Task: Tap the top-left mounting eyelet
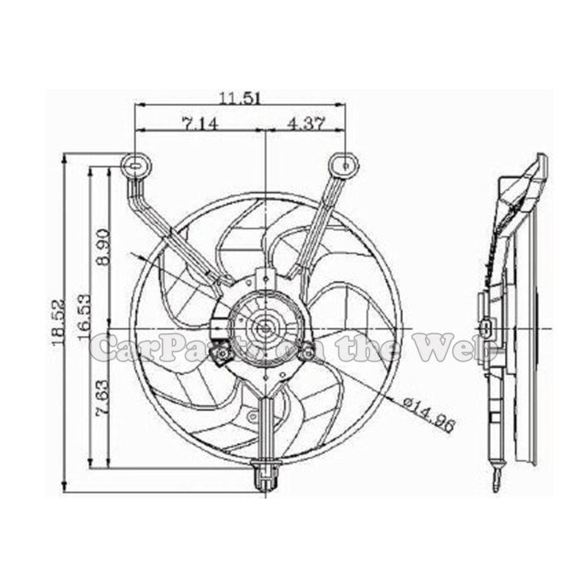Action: (x=136, y=167)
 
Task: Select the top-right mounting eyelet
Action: (x=343, y=165)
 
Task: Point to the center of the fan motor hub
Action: (x=264, y=323)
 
